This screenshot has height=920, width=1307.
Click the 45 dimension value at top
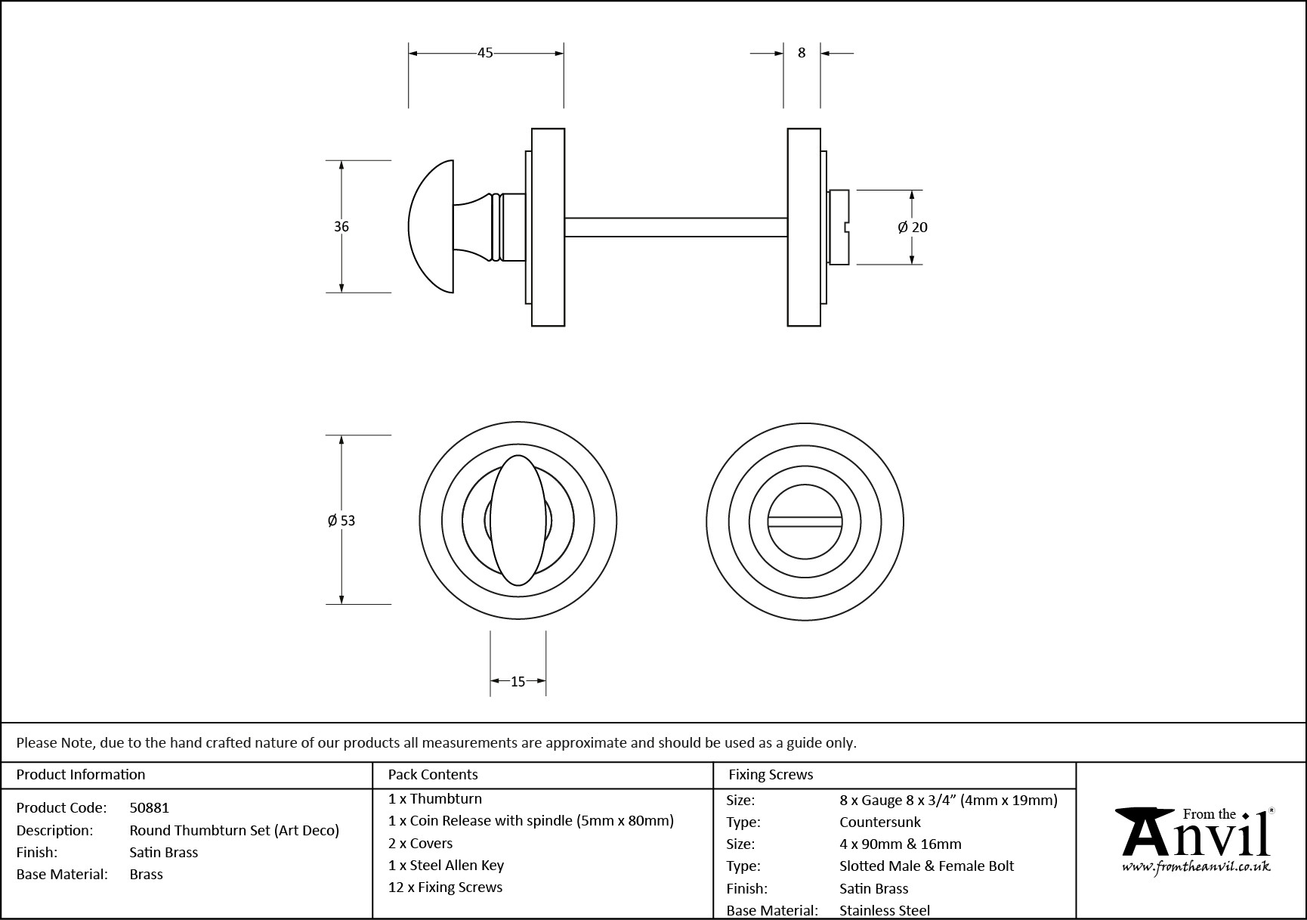point(485,53)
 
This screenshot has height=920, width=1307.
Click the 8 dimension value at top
point(802,53)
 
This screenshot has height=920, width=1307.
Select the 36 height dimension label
point(341,227)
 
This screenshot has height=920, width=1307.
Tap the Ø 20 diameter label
point(913,227)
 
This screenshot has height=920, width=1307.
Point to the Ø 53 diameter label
point(341,520)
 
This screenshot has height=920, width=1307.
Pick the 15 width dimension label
point(518,682)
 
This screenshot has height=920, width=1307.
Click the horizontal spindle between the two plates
point(676,227)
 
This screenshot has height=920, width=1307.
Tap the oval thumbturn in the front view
point(518,520)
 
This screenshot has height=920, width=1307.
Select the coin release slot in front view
point(805,522)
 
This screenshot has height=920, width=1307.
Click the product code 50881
point(150,808)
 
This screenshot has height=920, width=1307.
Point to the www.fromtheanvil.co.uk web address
point(1196,867)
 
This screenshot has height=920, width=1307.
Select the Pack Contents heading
point(433,775)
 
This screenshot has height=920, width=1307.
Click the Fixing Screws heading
point(771,775)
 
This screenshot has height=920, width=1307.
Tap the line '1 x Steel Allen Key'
point(446,866)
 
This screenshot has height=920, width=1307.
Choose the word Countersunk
point(880,822)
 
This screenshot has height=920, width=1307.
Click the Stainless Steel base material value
point(885,911)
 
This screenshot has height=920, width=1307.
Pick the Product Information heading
point(81,775)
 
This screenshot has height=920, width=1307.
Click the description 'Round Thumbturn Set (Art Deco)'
point(234,831)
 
